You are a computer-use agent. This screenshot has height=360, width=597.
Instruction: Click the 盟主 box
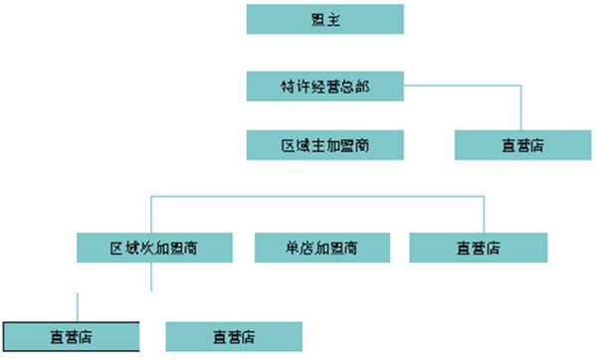tap(324, 19)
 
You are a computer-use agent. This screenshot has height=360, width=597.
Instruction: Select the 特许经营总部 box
tap(324, 86)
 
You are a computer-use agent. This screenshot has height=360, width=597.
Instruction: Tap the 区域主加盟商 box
tap(324, 145)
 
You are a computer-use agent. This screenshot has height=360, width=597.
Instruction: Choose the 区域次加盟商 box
tap(154, 247)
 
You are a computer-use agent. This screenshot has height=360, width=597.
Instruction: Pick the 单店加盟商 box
tap(321, 247)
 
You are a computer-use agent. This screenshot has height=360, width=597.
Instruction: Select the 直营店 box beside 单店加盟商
tap(478, 247)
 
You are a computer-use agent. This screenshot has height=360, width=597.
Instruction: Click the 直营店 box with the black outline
tap(71, 336)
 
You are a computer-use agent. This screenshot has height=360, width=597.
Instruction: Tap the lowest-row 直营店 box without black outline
tap(233, 336)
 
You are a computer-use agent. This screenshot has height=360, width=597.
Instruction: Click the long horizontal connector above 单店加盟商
tap(318, 197)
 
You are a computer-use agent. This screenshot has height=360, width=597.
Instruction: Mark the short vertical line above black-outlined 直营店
tap(78, 306)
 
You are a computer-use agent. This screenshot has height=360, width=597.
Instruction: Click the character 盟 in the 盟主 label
tap(317, 19)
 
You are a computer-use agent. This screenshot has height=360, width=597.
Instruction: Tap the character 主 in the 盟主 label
tap(332, 19)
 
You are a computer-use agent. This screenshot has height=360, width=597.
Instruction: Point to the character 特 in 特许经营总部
tap(287, 86)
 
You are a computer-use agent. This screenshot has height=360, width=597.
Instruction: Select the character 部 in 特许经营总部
tap(362, 86)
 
